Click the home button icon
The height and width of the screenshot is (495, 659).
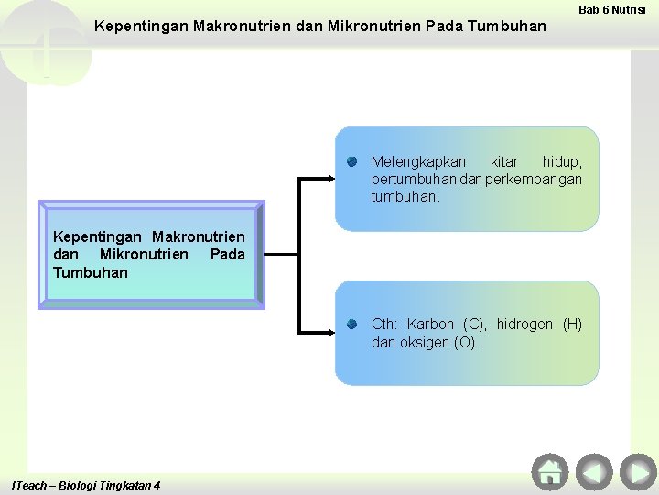point(549,471)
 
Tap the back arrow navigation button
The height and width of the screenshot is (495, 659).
point(594,471)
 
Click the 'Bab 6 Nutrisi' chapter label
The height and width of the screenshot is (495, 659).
point(612,9)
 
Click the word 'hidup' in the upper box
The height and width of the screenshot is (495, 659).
point(561,162)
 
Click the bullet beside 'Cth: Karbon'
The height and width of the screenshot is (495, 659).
point(351,324)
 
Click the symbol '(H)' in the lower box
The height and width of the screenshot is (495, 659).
point(572,324)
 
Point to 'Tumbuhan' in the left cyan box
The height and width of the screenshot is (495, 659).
point(91,272)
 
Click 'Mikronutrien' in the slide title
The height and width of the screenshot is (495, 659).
point(374,26)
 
